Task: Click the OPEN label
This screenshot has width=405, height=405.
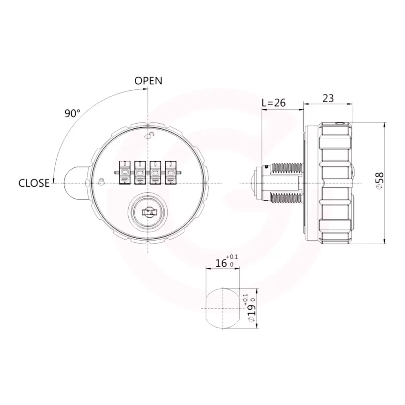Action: coord(148,81)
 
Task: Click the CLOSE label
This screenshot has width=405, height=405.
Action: coord(34,183)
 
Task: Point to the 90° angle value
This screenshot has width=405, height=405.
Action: coord(72,113)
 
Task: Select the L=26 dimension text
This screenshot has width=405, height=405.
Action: coord(274,103)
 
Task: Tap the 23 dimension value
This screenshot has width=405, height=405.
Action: coord(328,98)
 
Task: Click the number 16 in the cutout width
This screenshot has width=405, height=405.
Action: coord(221,263)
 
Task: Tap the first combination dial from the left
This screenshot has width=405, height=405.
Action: coord(125,173)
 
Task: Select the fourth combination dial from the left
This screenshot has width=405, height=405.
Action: coord(171,173)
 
